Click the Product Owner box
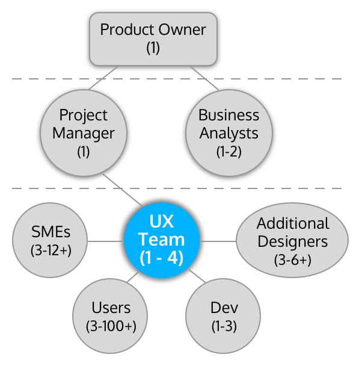click(x=153, y=38)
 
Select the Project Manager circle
click(x=83, y=132)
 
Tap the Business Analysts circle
click(x=229, y=132)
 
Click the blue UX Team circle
click(x=161, y=240)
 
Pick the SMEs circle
click(x=51, y=240)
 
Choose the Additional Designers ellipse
click(x=292, y=240)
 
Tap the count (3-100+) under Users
click(x=111, y=326)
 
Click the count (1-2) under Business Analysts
click(x=229, y=151)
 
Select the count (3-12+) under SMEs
click(x=51, y=249)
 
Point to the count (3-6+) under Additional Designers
click(x=293, y=260)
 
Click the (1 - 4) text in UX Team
click(x=161, y=258)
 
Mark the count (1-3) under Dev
click(x=224, y=326)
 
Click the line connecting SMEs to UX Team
click(x=105, y=241)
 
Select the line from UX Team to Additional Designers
click(x=218, y=241)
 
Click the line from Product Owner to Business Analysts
click(x=204, y=78)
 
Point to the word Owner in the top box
click(x=180, y=29)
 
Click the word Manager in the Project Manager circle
click(x=83, y=132)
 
